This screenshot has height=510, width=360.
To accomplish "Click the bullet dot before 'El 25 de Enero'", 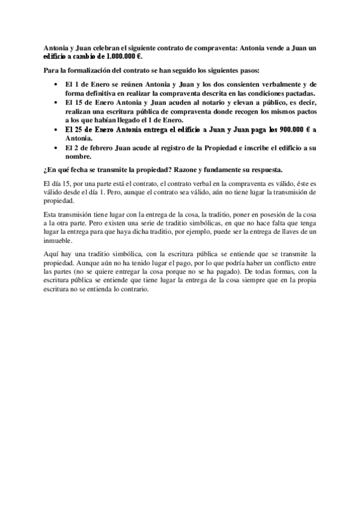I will coord(56,129).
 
